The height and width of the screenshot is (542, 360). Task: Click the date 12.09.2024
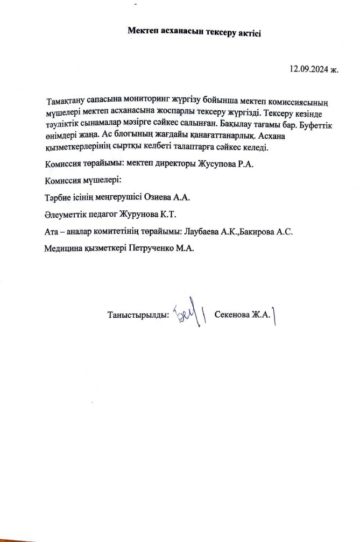[x=308, y=69]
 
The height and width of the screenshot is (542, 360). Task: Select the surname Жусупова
[x=208, y=164]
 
